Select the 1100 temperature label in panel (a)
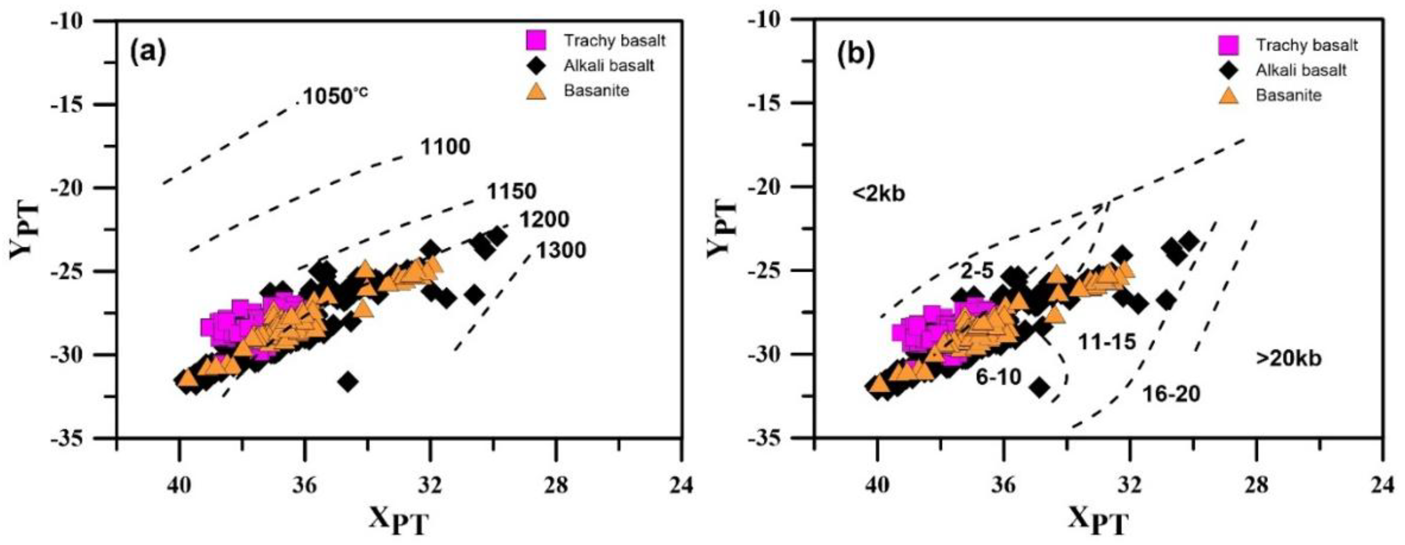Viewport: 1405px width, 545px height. pos(445,147)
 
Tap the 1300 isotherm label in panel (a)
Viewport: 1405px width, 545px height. pos(561,250)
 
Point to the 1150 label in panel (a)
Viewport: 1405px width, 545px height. pos(511,191)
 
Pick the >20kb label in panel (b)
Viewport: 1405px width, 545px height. pos(1288,358)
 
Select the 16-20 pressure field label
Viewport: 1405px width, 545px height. pos(1171,393)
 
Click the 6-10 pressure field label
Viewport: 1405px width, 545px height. pos(998,376)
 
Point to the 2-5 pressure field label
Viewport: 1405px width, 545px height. pos(978,271)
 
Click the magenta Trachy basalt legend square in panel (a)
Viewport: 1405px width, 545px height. pos(536,40)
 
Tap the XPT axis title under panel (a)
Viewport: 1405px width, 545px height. pos(398,521)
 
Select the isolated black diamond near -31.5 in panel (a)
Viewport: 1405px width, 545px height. pos(348,381)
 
